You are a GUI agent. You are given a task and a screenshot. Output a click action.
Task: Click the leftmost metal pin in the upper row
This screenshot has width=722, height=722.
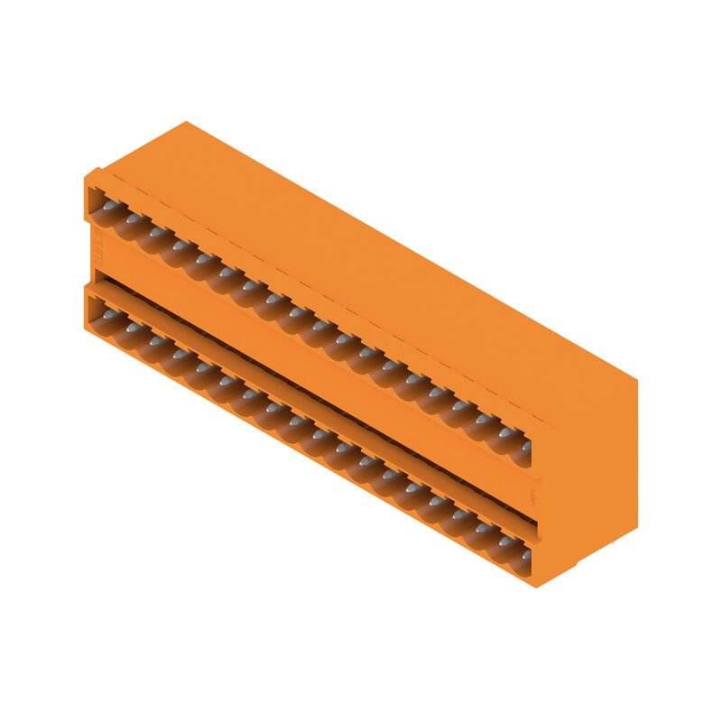110,207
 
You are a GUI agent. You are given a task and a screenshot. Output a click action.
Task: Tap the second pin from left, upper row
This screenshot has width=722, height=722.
134,219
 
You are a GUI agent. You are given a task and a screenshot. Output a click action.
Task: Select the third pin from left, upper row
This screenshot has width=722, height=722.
156,232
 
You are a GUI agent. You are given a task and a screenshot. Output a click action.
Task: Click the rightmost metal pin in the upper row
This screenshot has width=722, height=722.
524,447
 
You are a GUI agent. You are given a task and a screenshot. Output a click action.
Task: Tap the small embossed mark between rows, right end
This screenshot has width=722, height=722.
532,495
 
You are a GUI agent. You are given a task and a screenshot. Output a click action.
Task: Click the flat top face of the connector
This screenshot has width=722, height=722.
379,271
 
